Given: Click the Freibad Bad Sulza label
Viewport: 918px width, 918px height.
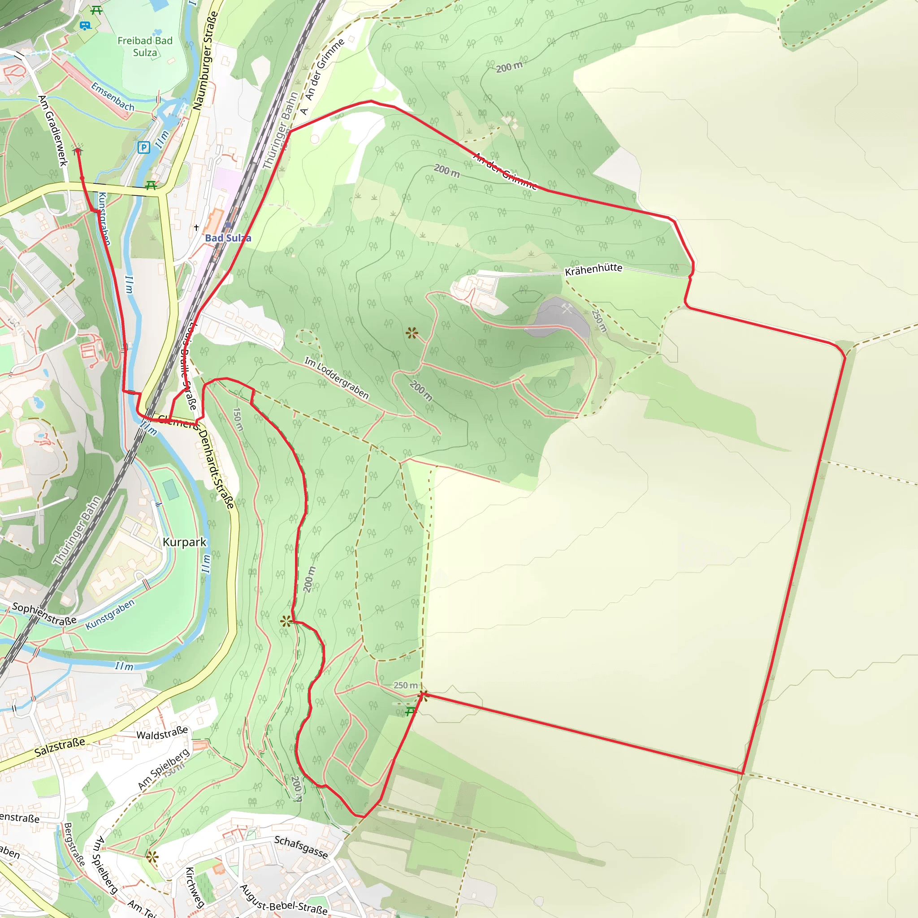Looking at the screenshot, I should click(145, 47).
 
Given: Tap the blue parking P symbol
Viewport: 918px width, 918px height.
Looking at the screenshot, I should click(143, 147).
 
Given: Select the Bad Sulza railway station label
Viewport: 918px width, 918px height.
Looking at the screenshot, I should click(228, 238).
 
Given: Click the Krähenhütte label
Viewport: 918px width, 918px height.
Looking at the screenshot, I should click(593, 269).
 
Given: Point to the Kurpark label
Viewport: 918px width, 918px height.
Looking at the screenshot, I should click(184, 542).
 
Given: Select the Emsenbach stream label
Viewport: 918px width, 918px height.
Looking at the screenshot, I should click(113, 97).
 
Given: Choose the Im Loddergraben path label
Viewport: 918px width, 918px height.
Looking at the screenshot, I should click(337, 378).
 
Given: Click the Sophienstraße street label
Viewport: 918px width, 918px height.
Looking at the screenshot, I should click(44, 614).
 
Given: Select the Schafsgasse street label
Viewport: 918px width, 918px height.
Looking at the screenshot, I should click(301, 847).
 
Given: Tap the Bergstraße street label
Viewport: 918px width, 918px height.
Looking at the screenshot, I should click(74, 845).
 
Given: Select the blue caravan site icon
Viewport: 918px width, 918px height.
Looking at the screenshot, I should click(85, 26).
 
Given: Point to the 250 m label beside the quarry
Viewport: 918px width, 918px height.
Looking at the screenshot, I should click(599, 321).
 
